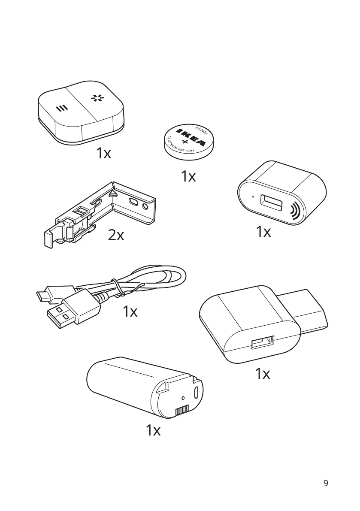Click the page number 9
(x=326, y=483)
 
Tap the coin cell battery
(x=188, y=143)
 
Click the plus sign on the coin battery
(x=185, y=142)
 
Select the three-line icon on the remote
(x=62, y=108)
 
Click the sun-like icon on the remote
(x=97, y=98)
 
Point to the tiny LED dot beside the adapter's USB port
(x=253, y=197)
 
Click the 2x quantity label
(x=116, y=235)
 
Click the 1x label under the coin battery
(x=188, y=176)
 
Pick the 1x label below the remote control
(x=103, y=153)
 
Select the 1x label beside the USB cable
(x=130, y=311)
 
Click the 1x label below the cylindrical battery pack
(x=153, y=430)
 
